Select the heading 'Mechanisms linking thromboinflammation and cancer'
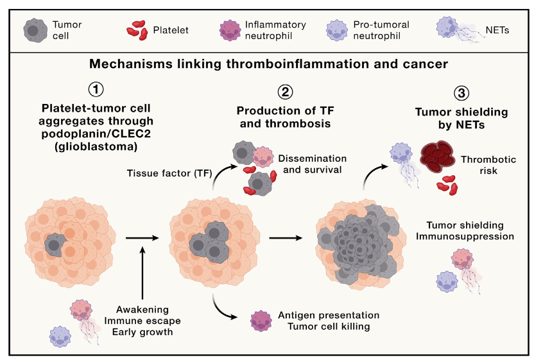pos(268,64)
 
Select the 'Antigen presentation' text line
pos(329,315)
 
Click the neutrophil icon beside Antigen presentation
pos(259,320)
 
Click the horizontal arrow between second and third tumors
pos(286,238)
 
